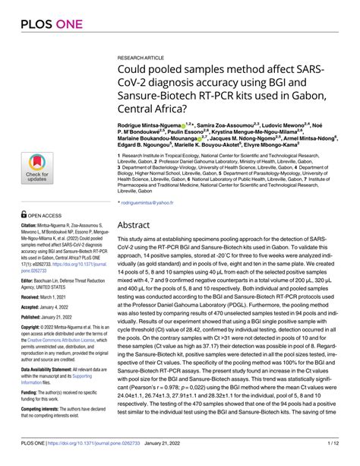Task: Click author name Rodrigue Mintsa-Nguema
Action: (148, 123)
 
